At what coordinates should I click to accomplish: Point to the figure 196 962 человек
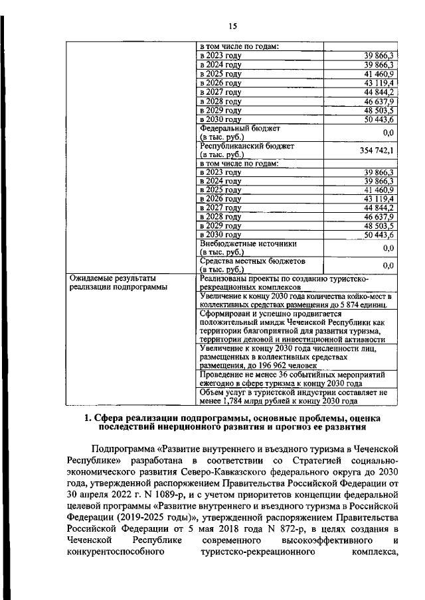(293, 365)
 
